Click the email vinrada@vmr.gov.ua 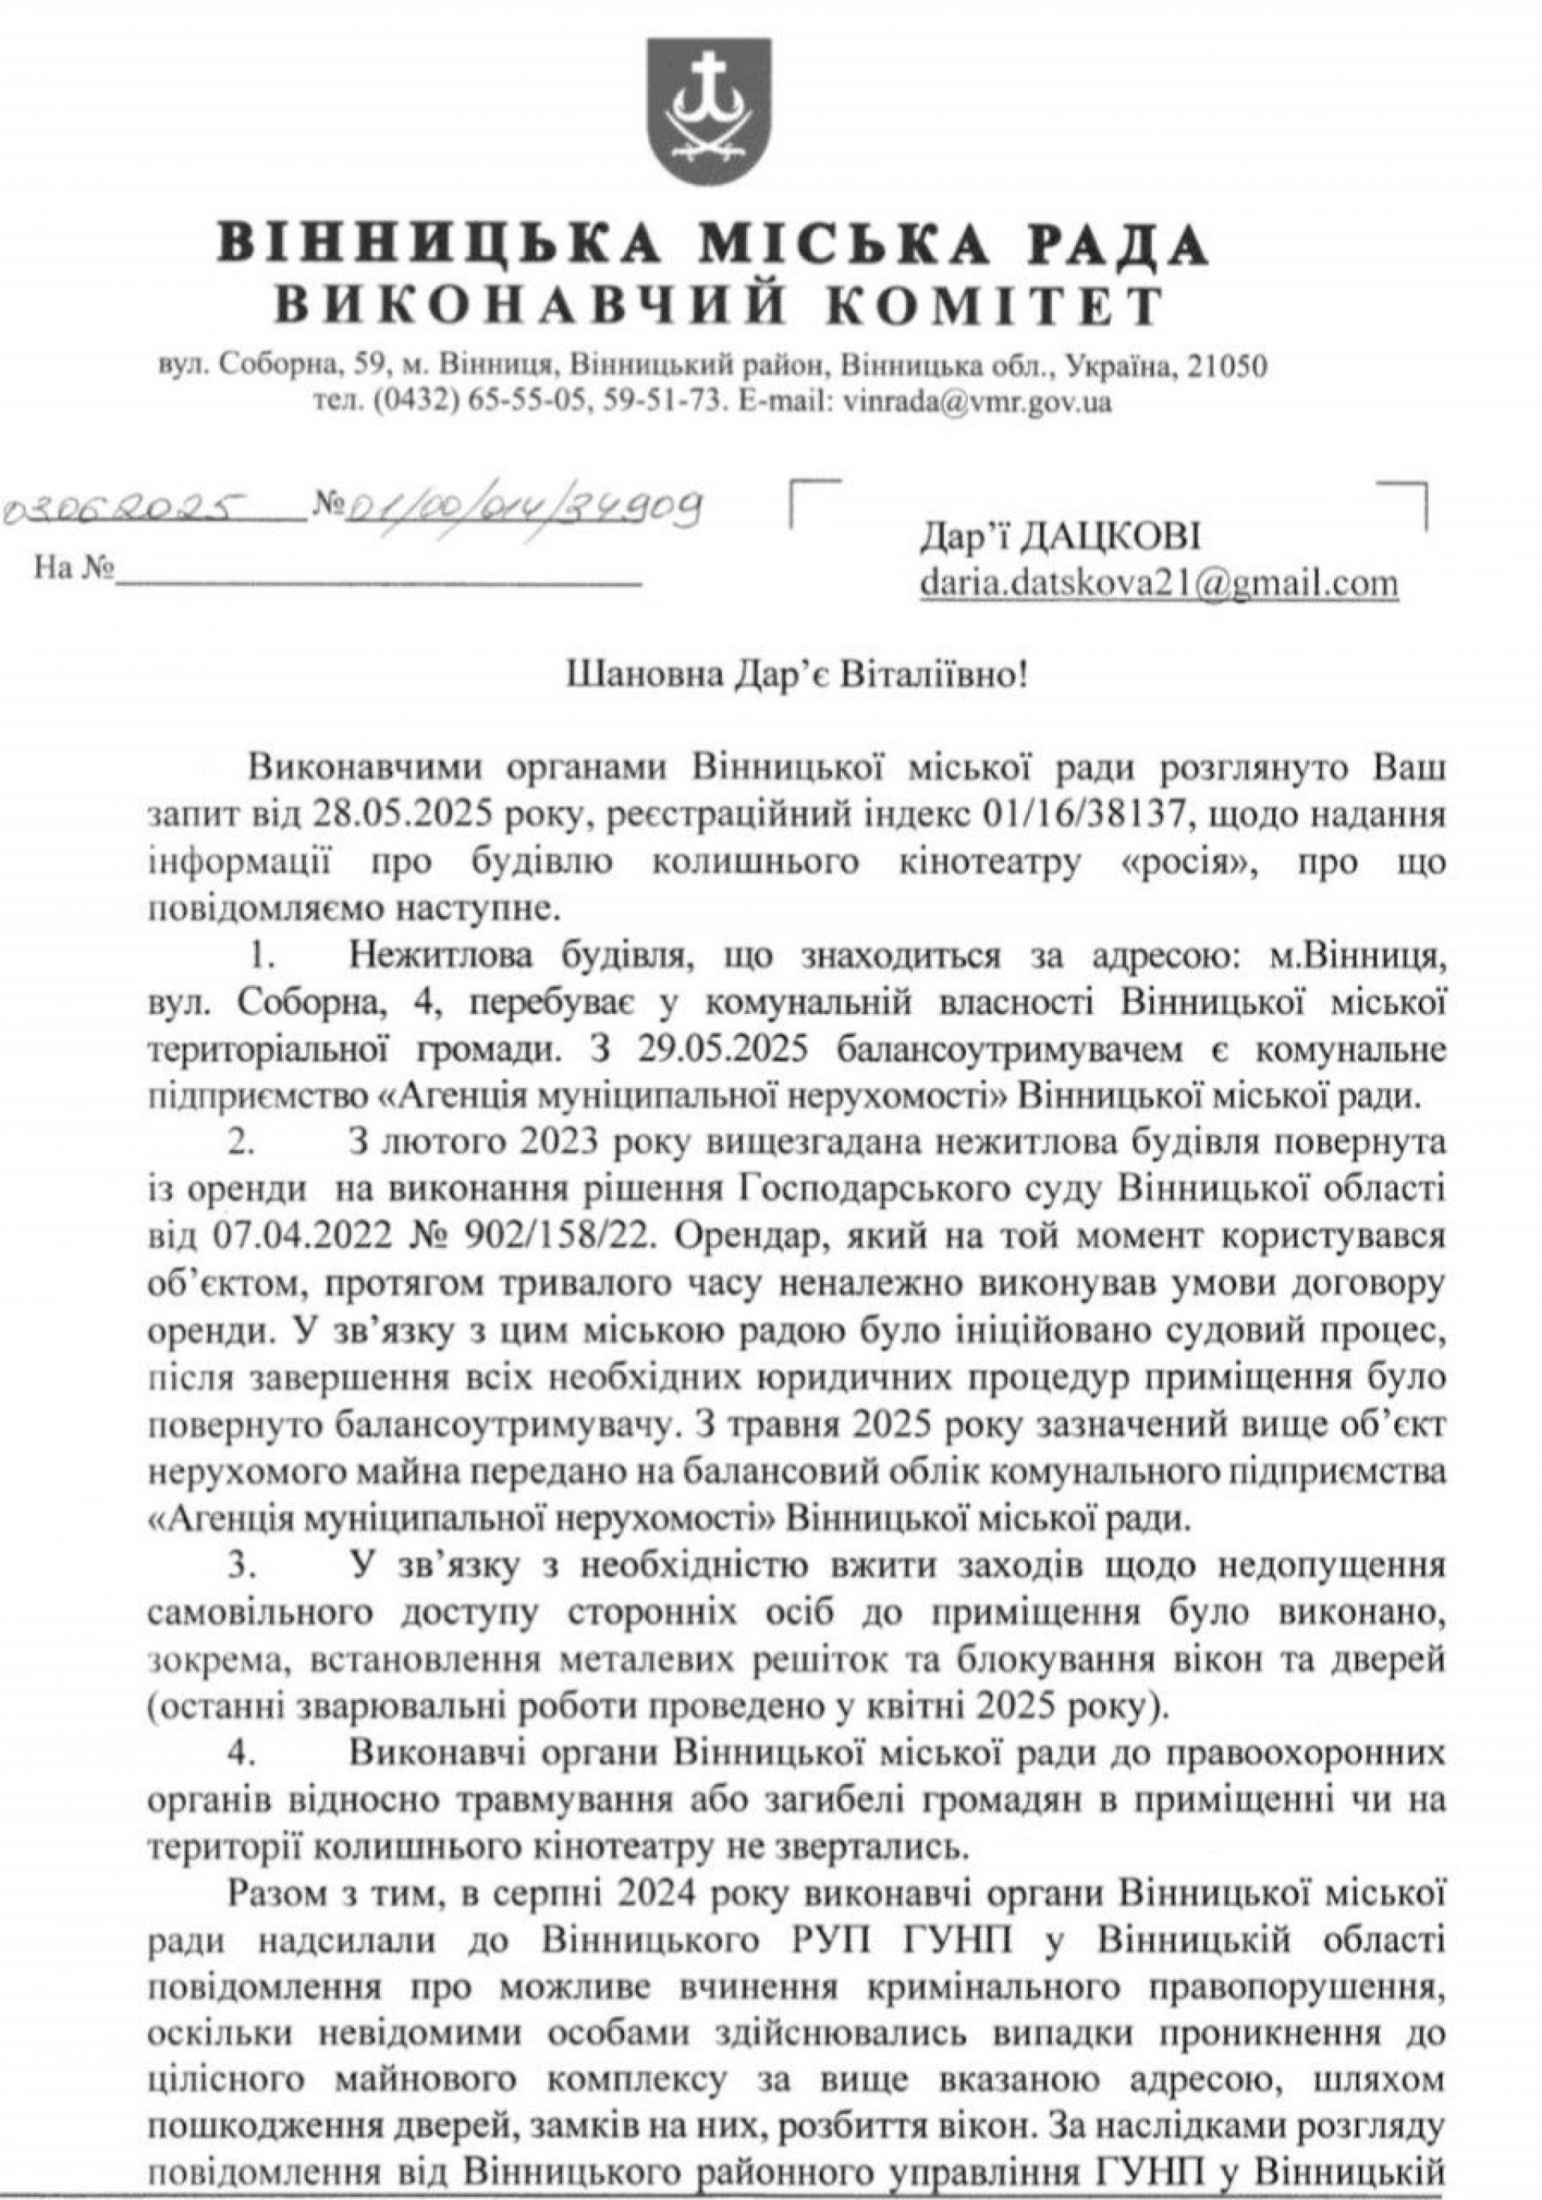[977, 402]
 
